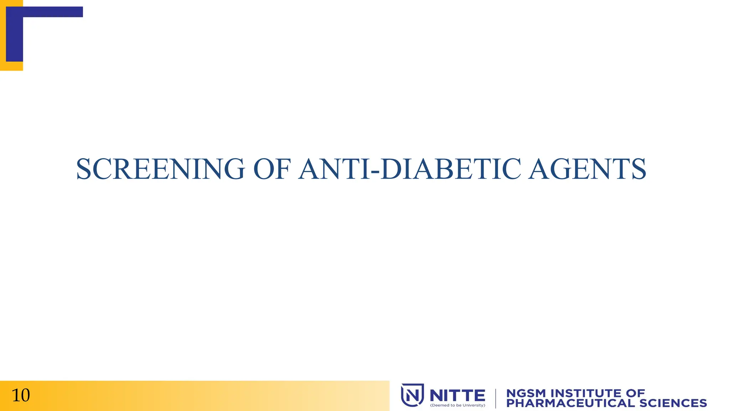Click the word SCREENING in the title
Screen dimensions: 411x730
[160, 169]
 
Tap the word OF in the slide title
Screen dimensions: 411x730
[272, 169]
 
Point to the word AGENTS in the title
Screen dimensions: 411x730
[587, 169]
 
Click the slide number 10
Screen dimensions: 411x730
[21, 395]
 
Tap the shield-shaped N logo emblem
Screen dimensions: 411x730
[412, 395]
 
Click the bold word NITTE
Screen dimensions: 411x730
[457, 395]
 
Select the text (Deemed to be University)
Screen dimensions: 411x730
[458, 405]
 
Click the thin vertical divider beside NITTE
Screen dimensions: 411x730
[495, 398]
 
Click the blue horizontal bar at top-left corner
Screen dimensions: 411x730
[45, 12]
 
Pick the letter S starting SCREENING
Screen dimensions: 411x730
[84, 169]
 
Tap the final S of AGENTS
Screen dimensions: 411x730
[638, 169]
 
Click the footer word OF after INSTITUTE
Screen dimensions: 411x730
[635, 393]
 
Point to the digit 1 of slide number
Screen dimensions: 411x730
[16, 395]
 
